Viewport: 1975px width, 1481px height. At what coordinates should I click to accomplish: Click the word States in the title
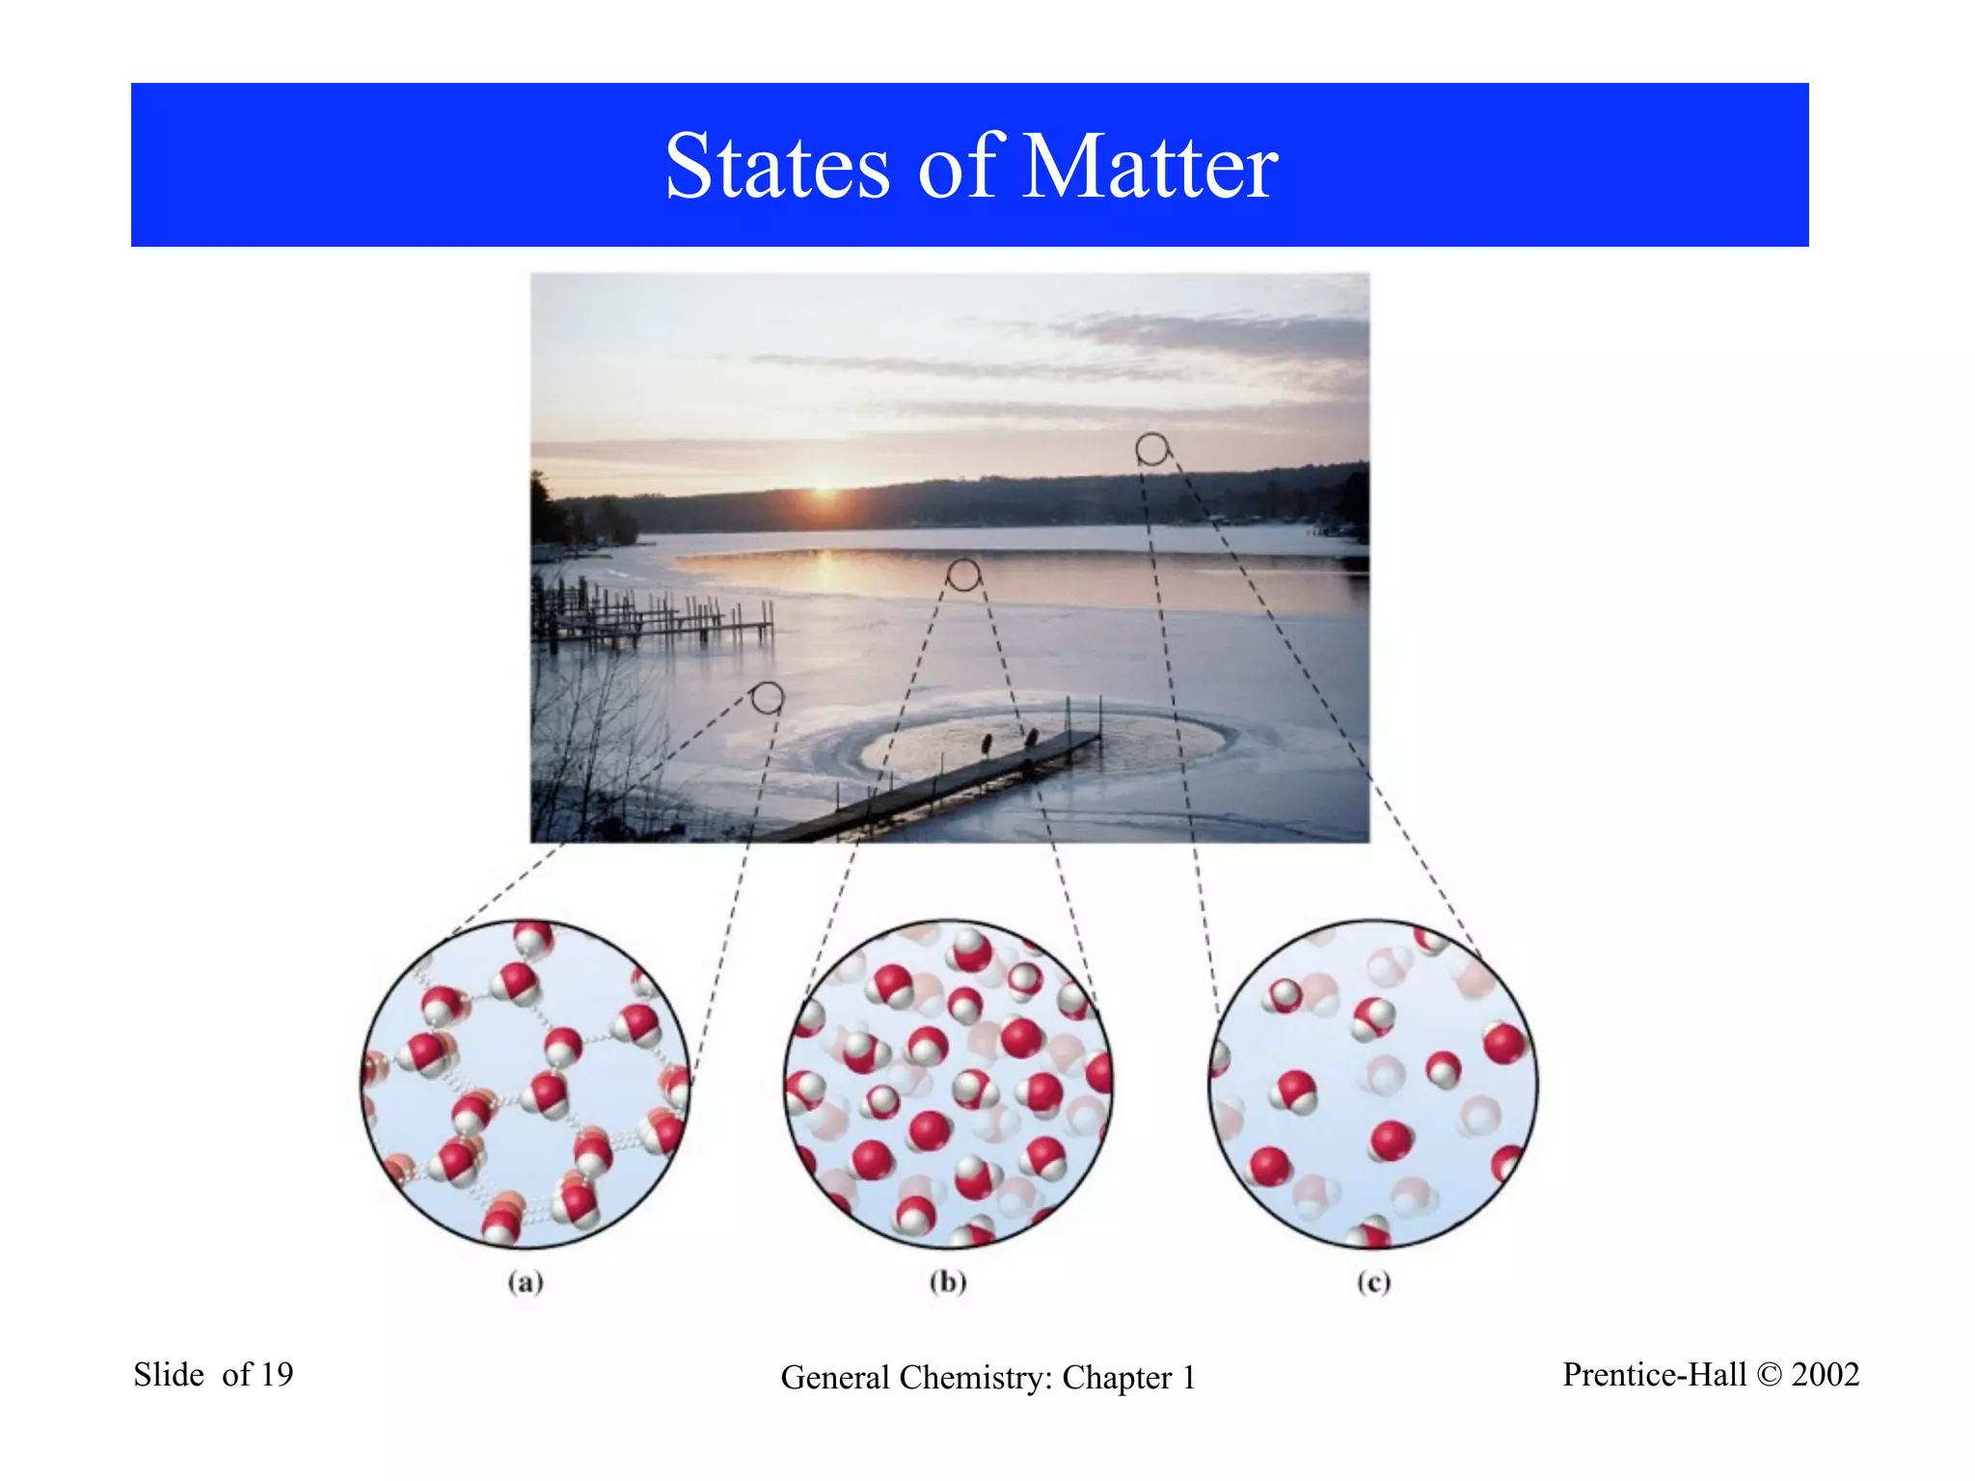777,168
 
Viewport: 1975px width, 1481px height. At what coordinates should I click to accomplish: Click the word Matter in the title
1149,168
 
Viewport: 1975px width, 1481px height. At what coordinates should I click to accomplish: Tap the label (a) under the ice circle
526,1281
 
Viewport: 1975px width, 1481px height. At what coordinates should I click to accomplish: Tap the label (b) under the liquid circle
948,1281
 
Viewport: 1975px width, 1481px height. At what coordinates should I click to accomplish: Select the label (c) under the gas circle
1373,1281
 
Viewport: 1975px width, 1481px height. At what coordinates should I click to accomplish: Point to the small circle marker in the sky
1151,448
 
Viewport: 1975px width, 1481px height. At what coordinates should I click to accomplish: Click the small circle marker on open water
963,575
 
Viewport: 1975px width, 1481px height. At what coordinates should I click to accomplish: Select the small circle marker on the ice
768,697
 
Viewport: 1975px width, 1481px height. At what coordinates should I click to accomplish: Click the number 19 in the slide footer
276,1374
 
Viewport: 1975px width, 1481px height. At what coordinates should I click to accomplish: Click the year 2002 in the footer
1825,1374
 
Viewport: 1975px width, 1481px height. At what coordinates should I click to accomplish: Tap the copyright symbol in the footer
1770,1375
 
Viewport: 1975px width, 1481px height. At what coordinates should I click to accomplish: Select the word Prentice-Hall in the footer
1654,1374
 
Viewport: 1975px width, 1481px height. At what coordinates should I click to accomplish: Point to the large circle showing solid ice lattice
526,1084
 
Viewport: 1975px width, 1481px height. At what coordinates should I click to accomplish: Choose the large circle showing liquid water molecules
948,1084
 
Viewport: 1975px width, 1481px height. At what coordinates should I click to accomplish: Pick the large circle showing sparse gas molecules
1373,1084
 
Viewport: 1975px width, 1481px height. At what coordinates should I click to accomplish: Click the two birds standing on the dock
1008,741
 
